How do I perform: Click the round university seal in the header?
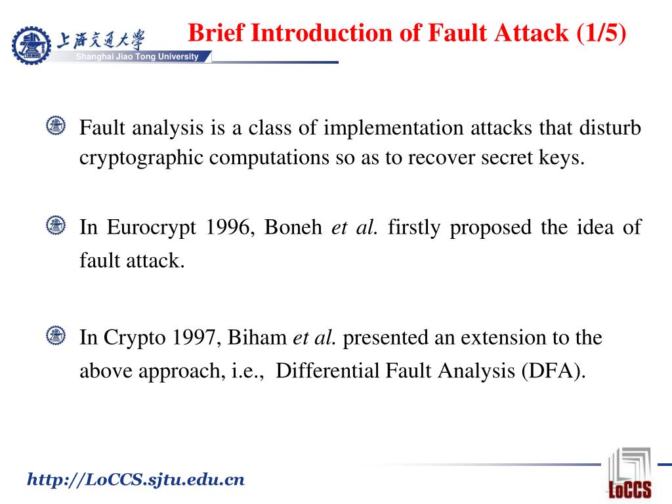point(31,45)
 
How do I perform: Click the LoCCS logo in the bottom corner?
point(630,474)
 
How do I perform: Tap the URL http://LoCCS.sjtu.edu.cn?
point(135,480)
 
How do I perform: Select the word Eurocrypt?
point(152,228)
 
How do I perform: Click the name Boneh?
point(295,228)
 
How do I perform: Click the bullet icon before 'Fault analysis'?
point(56,125)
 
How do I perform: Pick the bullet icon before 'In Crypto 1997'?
point(56,336)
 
